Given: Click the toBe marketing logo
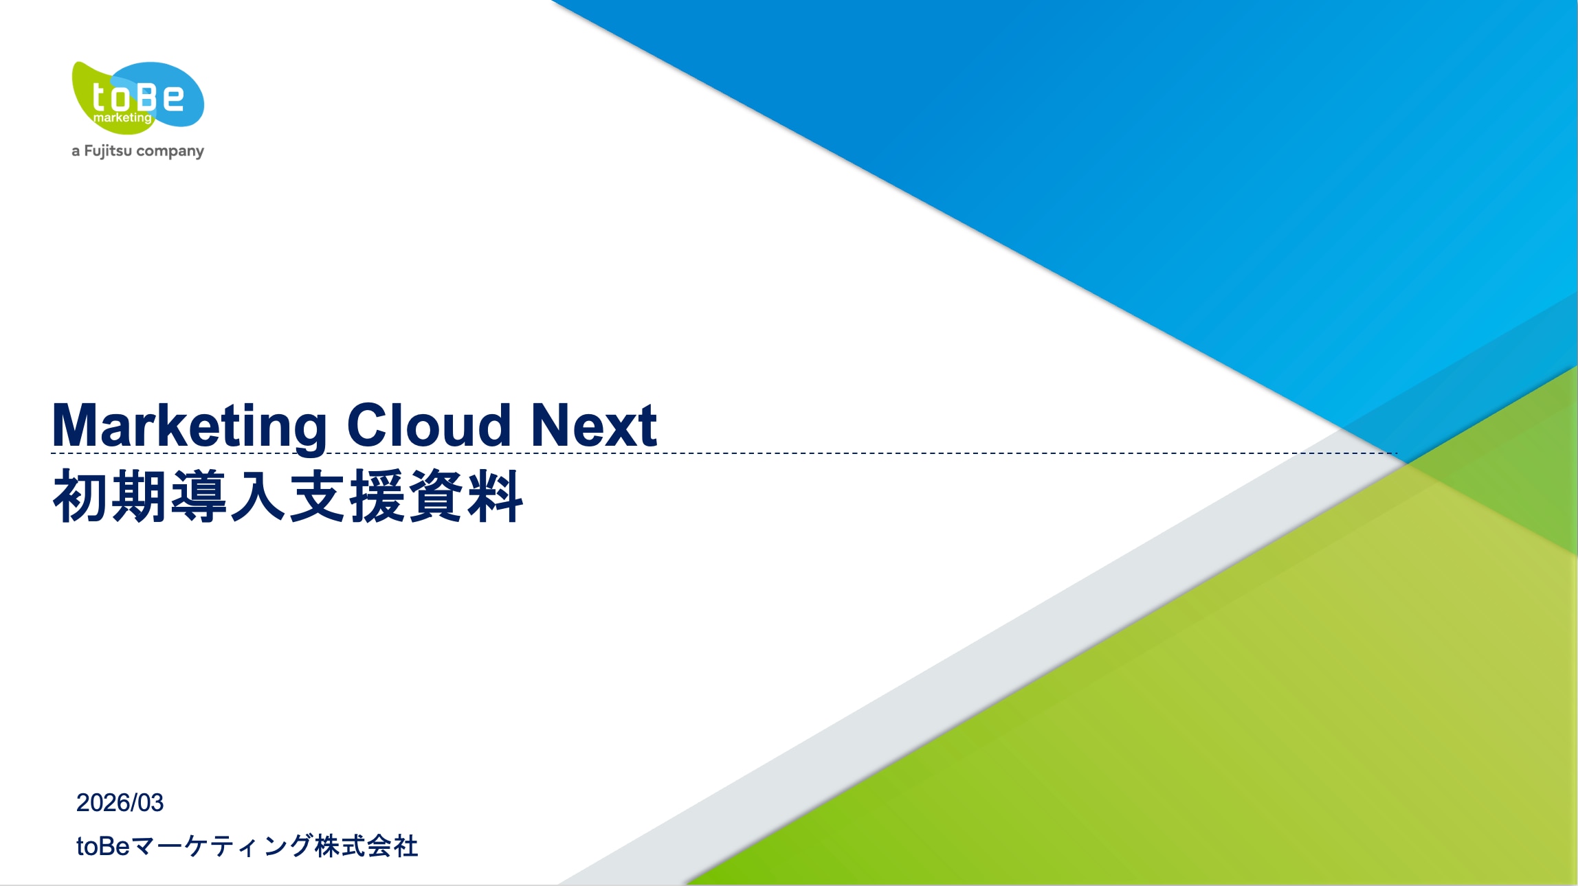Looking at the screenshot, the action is (x=138, y=97).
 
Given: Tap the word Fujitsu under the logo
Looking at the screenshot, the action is (x=108, y=151).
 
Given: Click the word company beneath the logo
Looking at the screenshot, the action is (x=170, y=151).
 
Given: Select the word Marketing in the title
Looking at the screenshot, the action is (x=190, y=427).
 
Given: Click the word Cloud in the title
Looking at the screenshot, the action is (x=429, y=425).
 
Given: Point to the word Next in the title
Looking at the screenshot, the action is (x=594, y=426).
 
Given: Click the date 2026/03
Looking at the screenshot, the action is (x=120, y=802).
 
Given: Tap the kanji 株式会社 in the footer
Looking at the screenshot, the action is (x=366, y=846).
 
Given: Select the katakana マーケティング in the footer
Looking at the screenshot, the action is (x=222, y=846).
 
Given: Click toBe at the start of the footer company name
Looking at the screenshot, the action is (x=103, y=846).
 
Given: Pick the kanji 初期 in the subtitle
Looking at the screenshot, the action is (x=110, y=496).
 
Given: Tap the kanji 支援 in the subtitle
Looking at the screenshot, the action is (x=347, y=496).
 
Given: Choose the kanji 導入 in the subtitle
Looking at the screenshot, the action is (x=228, y=496).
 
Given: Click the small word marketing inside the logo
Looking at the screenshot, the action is (x=122, y=118).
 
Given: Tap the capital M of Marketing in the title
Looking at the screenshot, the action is (x=76, y=426).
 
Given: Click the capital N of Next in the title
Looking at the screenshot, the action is (x=551, y=426).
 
